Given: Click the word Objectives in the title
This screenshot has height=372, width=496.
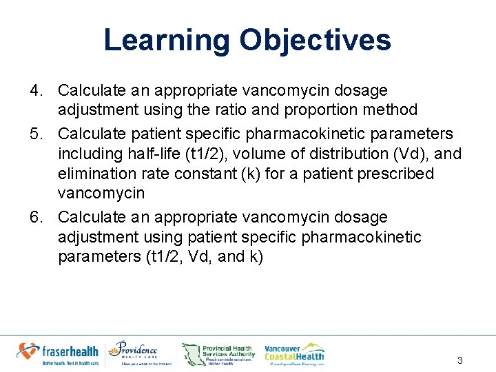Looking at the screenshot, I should [315, 40].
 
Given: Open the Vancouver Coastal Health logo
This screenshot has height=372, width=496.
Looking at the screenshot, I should [295, 353].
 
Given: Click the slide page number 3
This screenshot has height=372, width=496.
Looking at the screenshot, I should [460, 361].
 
